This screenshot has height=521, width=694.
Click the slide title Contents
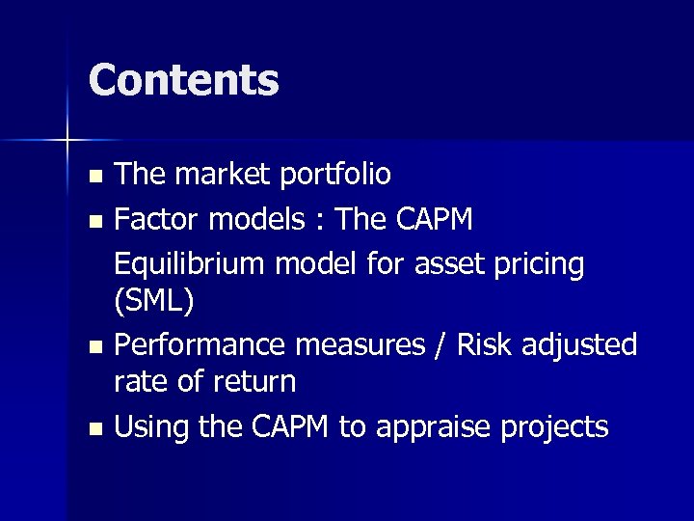183,80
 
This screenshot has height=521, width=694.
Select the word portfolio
335,175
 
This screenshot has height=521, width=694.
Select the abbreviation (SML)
154,302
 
